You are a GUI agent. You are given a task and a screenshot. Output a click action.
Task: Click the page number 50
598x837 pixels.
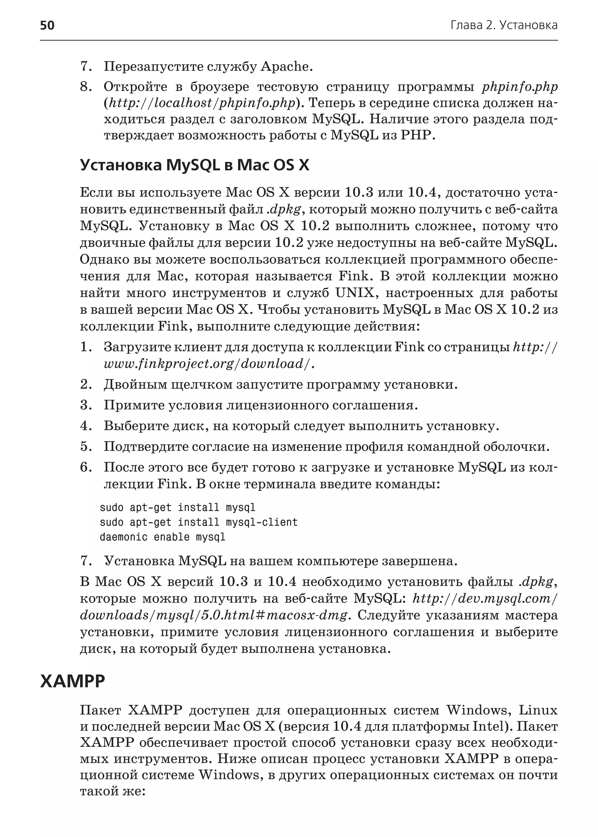(x=47, y=25)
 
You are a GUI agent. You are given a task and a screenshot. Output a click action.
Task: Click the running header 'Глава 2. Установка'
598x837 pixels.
(x=504, y=25)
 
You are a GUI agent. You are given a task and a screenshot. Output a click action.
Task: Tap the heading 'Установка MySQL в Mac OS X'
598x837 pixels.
(x=194, y=165)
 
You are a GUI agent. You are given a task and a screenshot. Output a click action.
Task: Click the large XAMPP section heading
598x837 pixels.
(x=72, y=681)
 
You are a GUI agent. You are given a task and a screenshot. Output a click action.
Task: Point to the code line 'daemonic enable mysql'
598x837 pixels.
(x=162, y=537)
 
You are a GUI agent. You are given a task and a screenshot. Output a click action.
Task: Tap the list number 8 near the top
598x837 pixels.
(x=86, y=87)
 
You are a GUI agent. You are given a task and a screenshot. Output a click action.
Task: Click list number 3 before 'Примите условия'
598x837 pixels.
(x=86, y=405)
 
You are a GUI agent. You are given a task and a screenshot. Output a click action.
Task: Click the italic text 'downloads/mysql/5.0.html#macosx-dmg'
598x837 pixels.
(x=213, y=615)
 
